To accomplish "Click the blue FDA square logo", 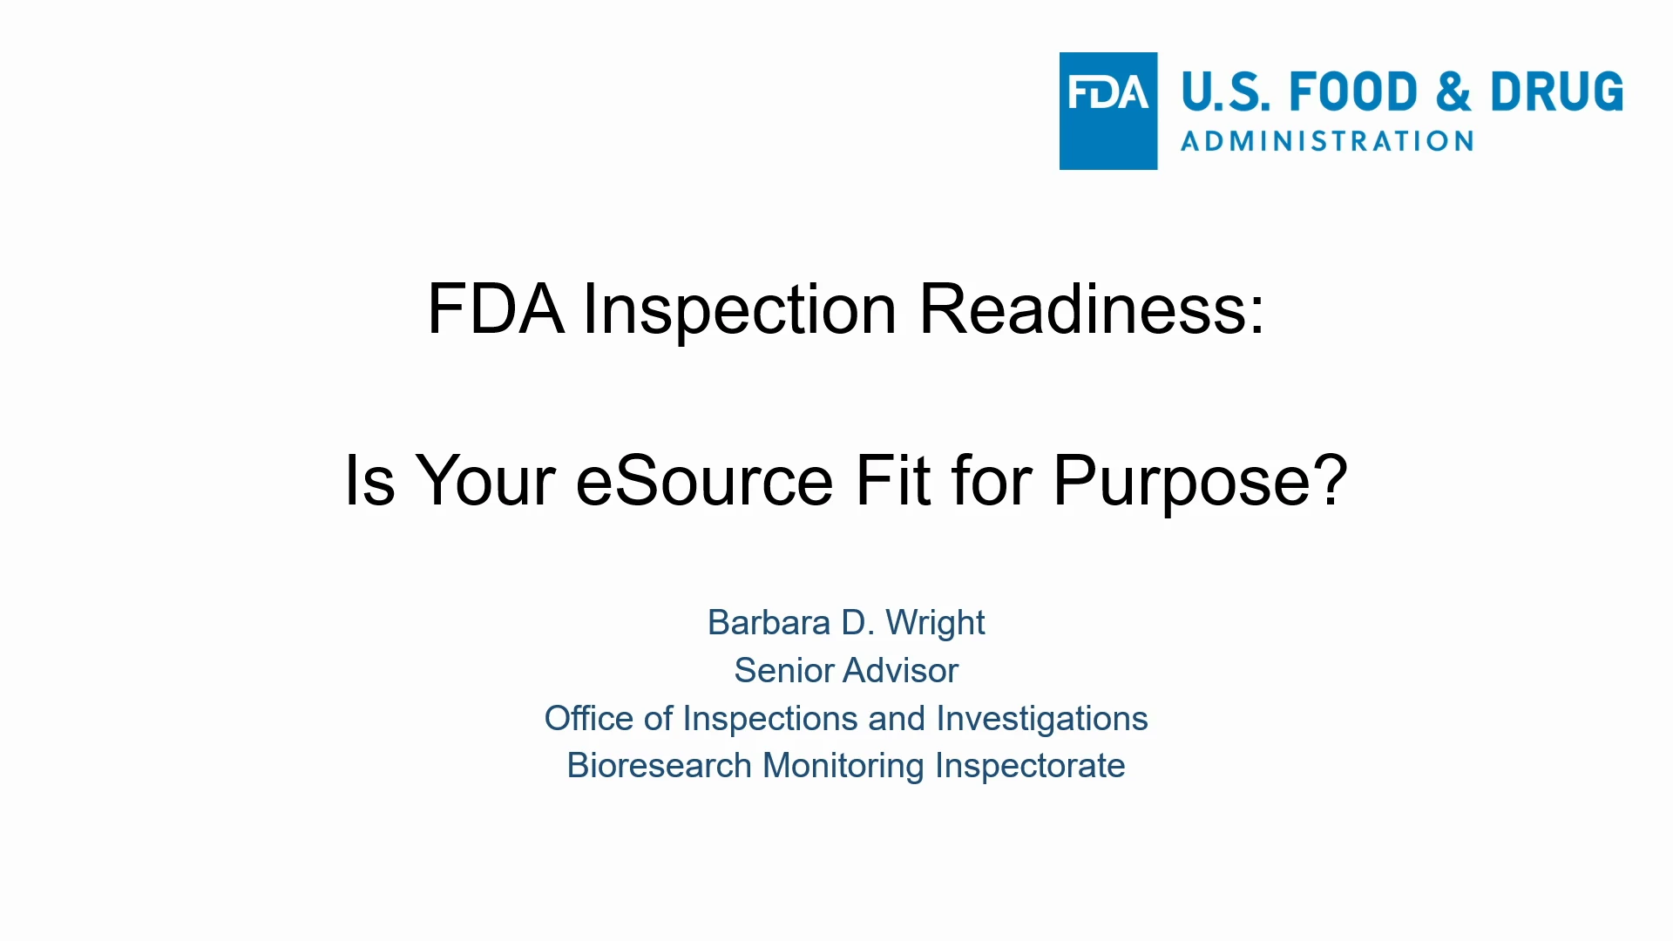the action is (1108, 111).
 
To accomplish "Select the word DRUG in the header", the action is (1557, 92).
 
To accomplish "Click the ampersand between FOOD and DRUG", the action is (1454, 92).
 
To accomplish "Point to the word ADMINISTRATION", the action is (1327, 141).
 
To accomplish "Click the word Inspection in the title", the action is (740, 309).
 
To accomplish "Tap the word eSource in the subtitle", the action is (704, 480).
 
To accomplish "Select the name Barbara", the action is (769, 623).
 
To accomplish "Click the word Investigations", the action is (1042, 720).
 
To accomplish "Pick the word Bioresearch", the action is (660, 766).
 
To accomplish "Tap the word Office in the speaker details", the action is (589, 719).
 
